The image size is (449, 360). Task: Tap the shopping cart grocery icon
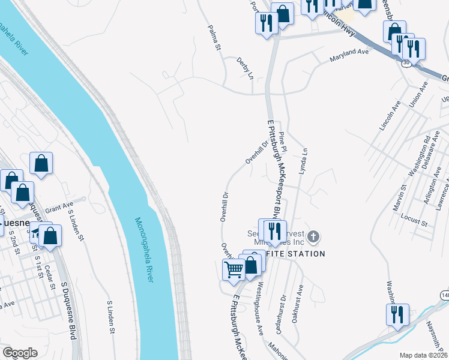[233, 270]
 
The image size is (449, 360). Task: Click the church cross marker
[312, 238]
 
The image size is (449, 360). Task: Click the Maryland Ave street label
[349, 56]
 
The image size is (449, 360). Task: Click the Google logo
[20, 353]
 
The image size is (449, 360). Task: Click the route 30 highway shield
[406, 62]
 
